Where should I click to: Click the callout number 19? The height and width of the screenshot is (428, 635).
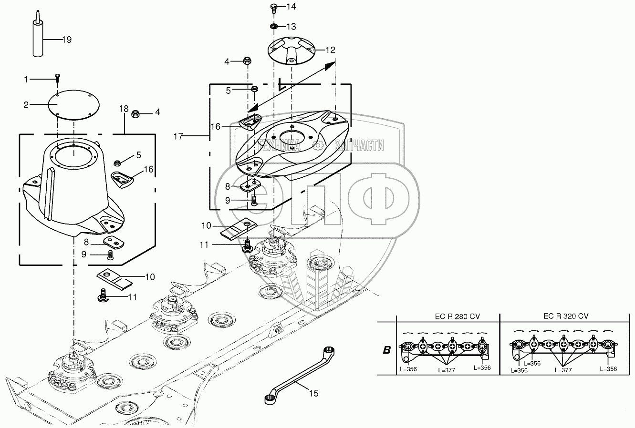click(x=67, y=40)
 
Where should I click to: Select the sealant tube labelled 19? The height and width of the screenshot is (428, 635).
click(x=38, y=34)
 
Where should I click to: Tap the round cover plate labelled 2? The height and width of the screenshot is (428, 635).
click(x=73, y=105)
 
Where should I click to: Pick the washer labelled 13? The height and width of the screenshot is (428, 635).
click(x=274, y=26)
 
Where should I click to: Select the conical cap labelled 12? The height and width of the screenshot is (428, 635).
click(x=291, y=52)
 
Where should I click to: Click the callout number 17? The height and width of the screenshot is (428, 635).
click(x=178, y=136)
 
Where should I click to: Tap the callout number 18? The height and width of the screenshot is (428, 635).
click(x=124, y=109)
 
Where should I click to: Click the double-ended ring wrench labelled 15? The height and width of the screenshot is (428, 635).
click(x=299, y=376)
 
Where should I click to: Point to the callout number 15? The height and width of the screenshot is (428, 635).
click(x=313, y=393)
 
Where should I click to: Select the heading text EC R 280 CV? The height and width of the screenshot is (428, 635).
click(x=457, y=316)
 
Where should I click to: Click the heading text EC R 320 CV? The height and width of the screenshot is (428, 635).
click(x=566, y=316)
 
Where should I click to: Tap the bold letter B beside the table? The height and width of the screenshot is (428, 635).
click(x=386, y=350)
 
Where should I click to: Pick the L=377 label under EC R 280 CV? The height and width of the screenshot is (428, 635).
click(x=447, y=370)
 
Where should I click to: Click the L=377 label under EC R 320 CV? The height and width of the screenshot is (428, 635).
click(x=563, y=370)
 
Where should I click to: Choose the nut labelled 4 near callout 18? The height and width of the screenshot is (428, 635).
click(x=135, y=114)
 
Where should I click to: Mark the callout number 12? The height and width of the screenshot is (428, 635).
click(x=330, y=50)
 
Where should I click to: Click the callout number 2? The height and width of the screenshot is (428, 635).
click(x=26, y=105)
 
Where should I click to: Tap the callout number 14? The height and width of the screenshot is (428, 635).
click(x=291, y=7)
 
